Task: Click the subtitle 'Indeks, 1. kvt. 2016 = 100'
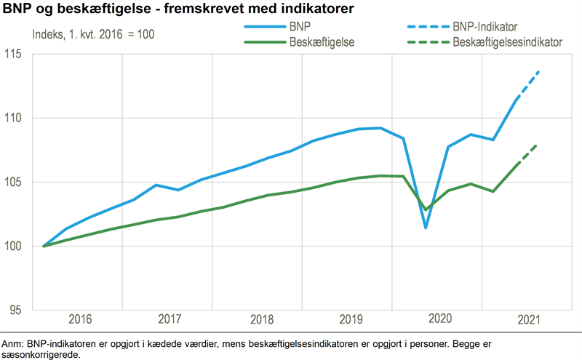pyautogui.click(x=93, y=34)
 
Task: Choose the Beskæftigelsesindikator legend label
pyautogui.click(x=507, y=42)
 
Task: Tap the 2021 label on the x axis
pyautogui.click(x=528, y=319)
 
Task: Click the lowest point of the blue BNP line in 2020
pyautogui.click(x=426, y=228)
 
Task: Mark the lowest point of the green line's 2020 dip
pyautogui.click(x=426, y=209)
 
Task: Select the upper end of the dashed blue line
pyautogui.click(x=539, y=71)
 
